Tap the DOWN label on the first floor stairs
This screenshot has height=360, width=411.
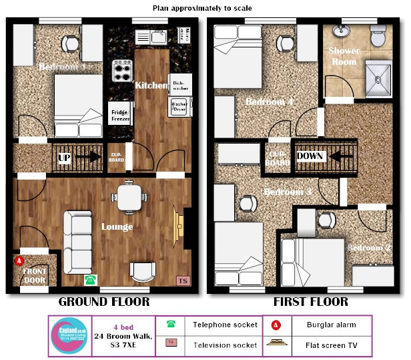tap(310, 156)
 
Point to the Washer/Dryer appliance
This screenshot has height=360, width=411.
tap(179, 108)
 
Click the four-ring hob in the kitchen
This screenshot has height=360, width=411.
tap(122, 69)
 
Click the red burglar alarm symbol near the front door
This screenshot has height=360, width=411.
tap(19, 260)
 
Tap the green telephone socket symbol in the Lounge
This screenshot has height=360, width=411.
tap(89, 279)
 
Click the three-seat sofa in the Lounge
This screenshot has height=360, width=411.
tap(78, 238)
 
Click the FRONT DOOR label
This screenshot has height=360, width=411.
tap(35, 277)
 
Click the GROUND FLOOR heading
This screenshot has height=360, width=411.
tap(104, 302)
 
